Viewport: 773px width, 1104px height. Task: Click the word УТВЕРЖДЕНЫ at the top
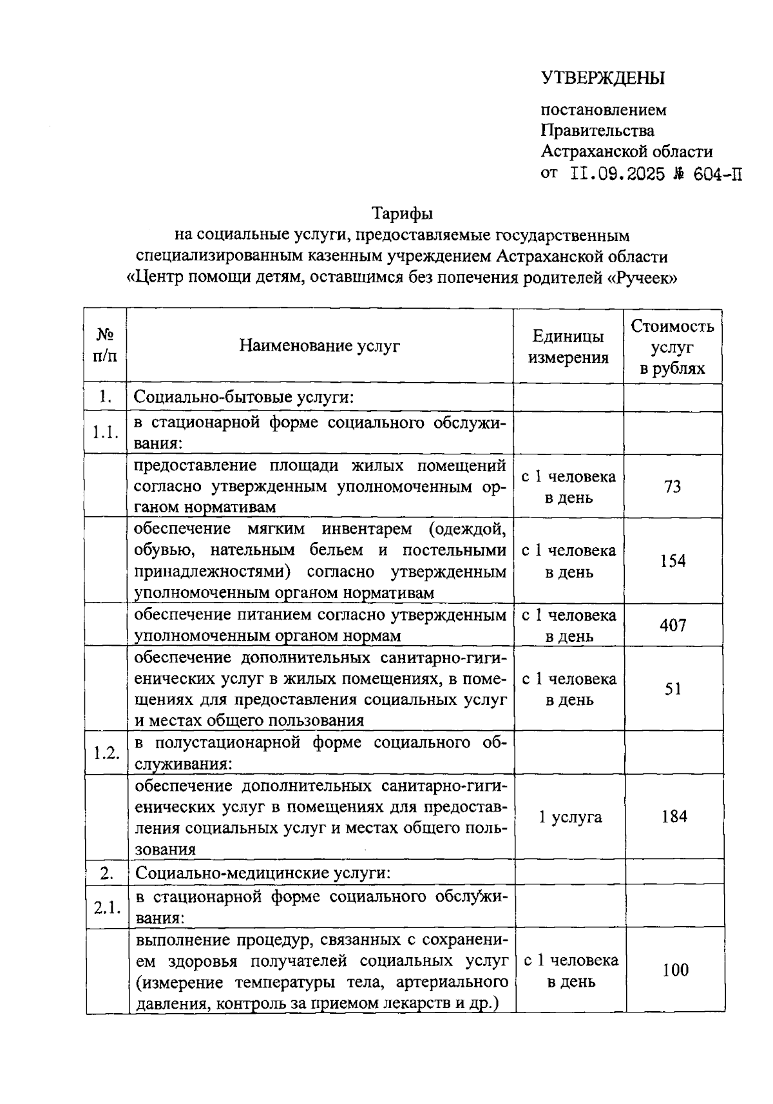[x=602, y=78]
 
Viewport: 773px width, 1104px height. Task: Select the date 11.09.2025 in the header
[x=616, y=174]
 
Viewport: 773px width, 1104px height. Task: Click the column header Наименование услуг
[x=320, y=346]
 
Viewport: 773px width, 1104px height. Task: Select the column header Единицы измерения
[x=568, y=347]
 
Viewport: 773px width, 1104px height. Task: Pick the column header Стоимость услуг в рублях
[x=672, y=347]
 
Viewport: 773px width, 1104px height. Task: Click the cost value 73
[x=673, y=487]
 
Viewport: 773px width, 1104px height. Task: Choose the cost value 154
[x=673, y=561]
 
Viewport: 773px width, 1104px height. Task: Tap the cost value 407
[x=673, y=625]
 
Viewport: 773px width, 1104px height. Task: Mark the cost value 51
[x=673, y=689]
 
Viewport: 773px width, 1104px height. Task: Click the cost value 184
[x=674, y=817]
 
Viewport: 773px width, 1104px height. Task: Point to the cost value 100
[x=675, y=970]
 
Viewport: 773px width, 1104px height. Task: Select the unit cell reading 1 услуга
[x=570, y=817]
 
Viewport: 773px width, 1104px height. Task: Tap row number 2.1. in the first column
[x=107, y=907]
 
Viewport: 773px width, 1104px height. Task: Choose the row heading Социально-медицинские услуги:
[x=263, y=874]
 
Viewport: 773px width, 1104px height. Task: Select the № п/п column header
[x=106, y=346]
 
